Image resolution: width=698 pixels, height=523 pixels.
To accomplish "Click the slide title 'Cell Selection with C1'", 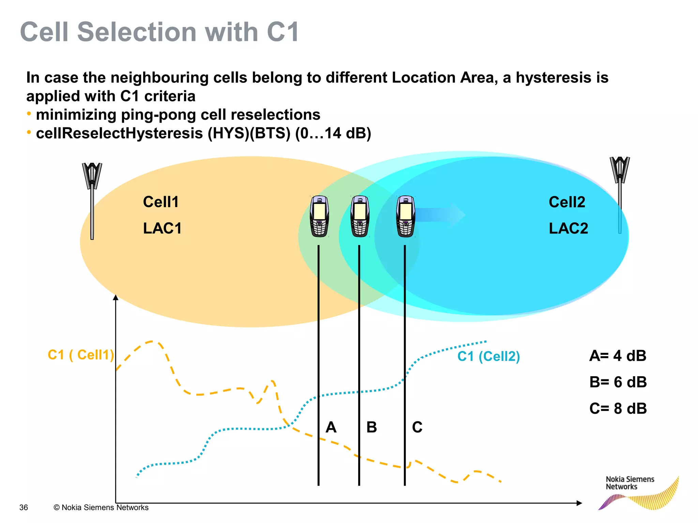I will click(x=160, y=32).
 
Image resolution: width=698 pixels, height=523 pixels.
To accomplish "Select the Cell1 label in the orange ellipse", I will click(x=161, y=202).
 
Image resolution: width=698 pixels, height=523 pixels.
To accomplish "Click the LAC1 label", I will click(x=162, y=228).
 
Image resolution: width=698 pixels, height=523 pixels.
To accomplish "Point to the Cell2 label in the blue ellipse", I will click(x=567, y=202).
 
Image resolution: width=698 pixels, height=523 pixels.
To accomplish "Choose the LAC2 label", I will click(x=568, y=228).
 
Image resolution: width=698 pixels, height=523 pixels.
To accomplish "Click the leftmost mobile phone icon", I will click(x=319, y=216).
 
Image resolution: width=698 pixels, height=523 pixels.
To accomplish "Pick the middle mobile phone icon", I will click(x=360, y=216).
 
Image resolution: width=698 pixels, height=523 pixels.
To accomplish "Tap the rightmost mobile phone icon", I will click(x=405, y=216).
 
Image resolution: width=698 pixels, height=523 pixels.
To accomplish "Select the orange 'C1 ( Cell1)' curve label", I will click(x=81, y=355).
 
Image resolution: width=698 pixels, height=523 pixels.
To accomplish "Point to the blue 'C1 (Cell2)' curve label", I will click(x=488, y=356).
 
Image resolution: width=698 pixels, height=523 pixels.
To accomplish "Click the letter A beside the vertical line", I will click(x=331, y=427).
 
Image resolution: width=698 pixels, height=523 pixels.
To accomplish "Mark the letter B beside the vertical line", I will click(x=371, y=427).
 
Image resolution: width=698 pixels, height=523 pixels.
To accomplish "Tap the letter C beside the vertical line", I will click(x=417, y=427).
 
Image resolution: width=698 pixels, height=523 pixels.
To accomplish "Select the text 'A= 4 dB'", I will click(x=618, y=356).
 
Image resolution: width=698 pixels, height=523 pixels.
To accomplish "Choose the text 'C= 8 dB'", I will click(x=618, y=408).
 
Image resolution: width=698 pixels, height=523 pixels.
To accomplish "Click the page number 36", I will click(x=24, y=507).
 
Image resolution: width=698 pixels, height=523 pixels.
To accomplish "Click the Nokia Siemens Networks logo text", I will click(x=630, y=483).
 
